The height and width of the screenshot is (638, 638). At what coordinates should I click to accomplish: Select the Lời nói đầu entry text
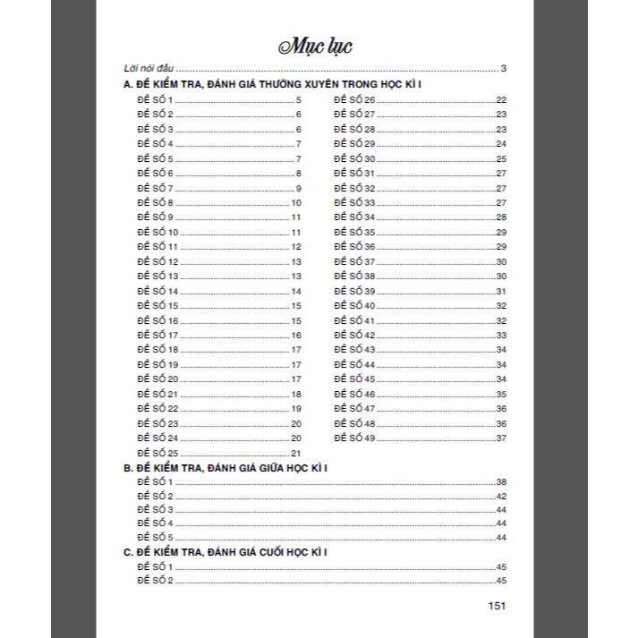pyautogui.click(x=149, y=69)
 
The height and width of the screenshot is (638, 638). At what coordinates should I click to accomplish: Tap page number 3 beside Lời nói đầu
pyautogui.click(x=505, y=69)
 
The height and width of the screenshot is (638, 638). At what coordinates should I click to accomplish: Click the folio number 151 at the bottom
pyautogui.click(x=498, y=606)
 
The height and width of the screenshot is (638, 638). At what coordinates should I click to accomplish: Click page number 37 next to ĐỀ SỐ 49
pyautogui.click(x=501, y=438)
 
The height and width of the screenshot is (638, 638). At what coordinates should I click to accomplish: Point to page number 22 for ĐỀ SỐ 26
pyautogui.click(x=501, y=99)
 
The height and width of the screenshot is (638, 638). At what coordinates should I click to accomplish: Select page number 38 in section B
pyautogui.click(x=501, y=482)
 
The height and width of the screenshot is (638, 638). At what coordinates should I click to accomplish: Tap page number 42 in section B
pyautogui.click(x=501, y=496)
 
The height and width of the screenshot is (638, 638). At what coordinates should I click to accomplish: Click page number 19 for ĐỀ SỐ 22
pyautogui.click(x=296, y=409)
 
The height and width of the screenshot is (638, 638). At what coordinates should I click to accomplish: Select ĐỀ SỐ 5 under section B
pyautogui.click(x=154, y=537)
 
